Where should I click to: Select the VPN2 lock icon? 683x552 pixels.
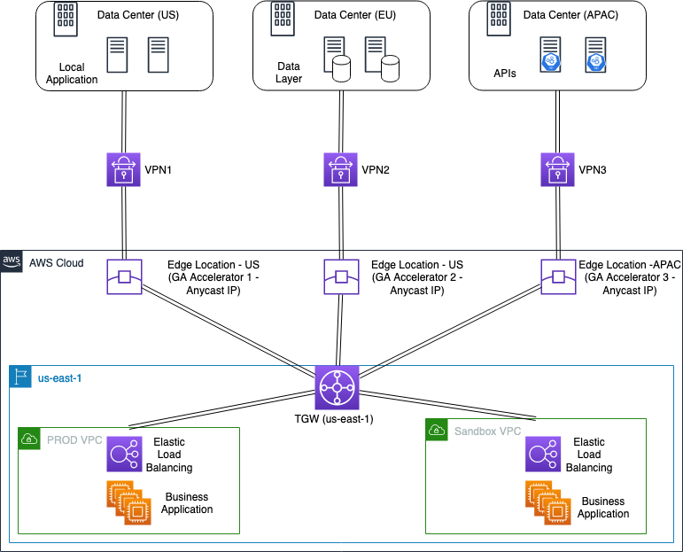340,169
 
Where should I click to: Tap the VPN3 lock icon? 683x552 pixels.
557,169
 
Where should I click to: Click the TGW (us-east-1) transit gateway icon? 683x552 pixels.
337,387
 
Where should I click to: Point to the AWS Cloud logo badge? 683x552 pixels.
12,261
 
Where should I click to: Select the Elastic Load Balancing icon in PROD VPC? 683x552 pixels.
124,455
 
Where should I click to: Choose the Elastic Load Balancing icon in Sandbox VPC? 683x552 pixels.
543,455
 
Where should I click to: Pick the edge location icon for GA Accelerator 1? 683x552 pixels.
125,276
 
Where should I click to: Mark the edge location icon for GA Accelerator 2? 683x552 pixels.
342,276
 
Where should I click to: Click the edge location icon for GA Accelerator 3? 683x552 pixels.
559,276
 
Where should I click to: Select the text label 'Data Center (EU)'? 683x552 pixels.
356,15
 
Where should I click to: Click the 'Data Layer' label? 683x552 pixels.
289,72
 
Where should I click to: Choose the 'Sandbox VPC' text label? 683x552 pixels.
486,431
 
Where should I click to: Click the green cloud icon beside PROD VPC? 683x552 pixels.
29,438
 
